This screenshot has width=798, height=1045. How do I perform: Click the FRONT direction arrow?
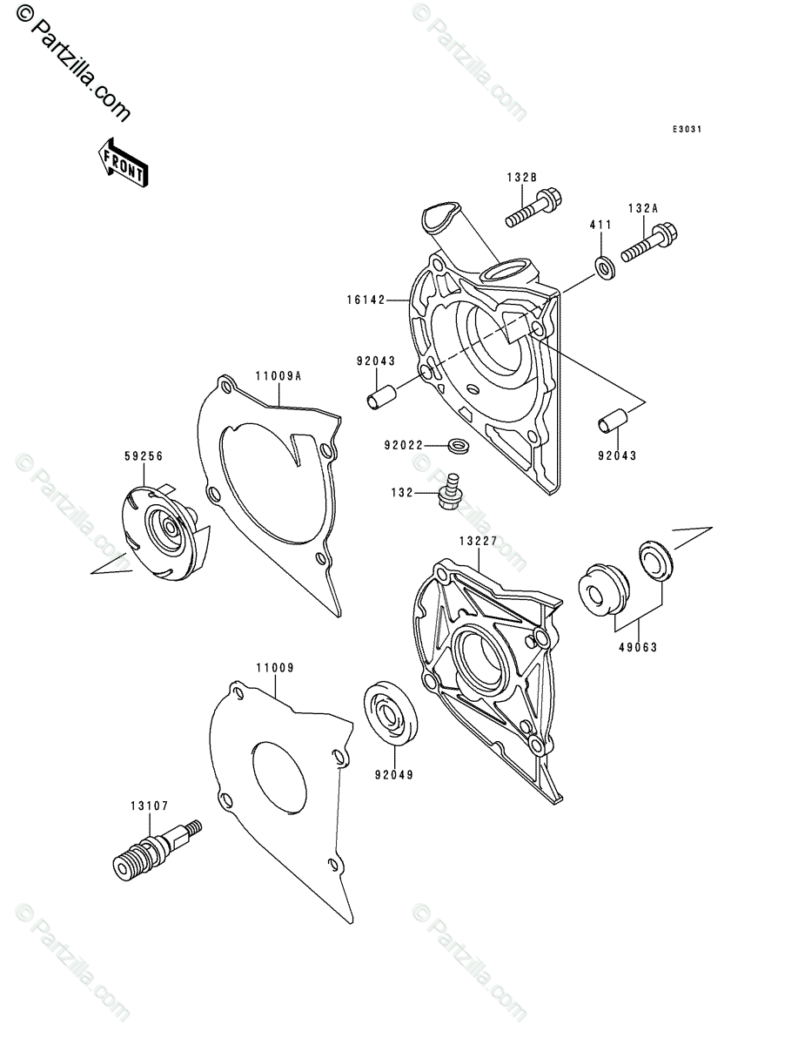tap(123, 162)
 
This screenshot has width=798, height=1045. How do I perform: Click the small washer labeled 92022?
tap(456, 447)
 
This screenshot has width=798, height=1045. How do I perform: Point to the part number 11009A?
tap(278, 377)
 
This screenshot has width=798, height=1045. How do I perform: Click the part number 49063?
tap(639, 647)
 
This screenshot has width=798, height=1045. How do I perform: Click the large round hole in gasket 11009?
tap(279, 774)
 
